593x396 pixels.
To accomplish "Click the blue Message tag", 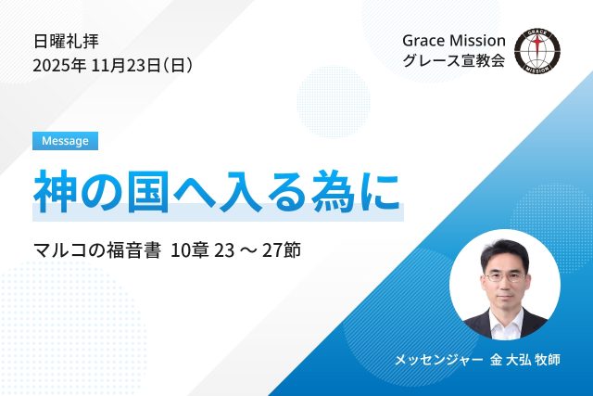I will (66, 141).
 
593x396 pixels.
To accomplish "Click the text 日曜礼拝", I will (66, 41).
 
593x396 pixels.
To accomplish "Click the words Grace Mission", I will (454, 41).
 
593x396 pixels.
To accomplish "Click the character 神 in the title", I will (57, 191).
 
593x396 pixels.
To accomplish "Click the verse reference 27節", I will (294, 250).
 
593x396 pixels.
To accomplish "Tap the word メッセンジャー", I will (429, 358).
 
